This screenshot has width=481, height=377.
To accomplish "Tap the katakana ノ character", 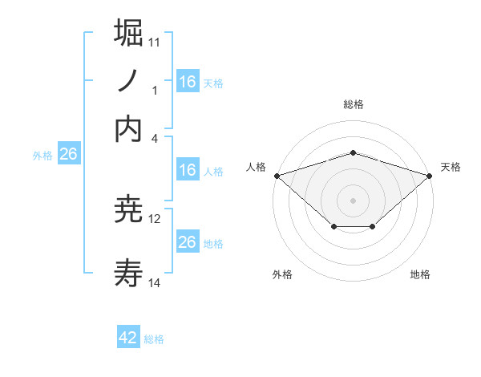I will (129, 82).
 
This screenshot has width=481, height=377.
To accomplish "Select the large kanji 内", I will (129, 130).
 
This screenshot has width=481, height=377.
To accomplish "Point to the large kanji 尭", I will (129, 210).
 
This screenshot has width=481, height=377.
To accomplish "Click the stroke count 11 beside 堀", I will (155, 41).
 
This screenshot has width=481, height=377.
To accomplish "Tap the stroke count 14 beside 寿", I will (155, 283).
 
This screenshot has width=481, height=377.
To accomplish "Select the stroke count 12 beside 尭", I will (155, 218).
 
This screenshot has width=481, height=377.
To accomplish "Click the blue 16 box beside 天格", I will (187, 82).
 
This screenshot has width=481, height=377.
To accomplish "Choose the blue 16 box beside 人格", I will (187, 170).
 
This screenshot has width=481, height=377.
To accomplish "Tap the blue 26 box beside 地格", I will (187, 242).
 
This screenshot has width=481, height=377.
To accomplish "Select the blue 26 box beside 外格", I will (68, 155).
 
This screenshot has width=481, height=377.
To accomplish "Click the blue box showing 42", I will (128, 338).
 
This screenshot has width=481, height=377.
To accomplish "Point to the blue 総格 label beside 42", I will (154, 339).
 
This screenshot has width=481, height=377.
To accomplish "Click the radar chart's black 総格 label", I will (354, 104).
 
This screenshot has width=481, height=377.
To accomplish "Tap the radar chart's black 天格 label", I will (451, 167).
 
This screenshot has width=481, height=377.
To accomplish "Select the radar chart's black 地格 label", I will (420, 274).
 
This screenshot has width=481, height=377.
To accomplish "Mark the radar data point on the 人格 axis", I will (277, 175).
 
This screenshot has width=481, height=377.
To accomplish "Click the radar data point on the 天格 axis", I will (430, 175).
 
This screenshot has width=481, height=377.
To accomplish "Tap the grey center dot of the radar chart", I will (354, 200).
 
